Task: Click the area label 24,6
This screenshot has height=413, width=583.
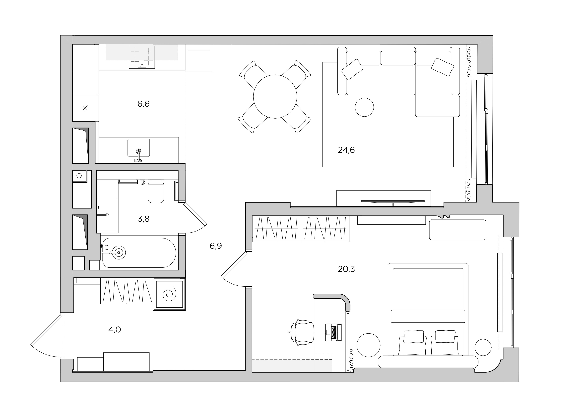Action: coord(346,150)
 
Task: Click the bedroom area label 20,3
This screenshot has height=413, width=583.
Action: coord(346,269)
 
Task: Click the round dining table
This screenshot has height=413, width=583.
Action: coord(275,96)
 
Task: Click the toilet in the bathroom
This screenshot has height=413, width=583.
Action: coord(156,191)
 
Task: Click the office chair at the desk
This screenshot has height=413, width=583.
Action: coord(302,332)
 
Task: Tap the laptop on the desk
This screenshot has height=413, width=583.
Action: coord(333,332)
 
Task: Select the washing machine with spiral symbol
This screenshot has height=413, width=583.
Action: coord(169,294)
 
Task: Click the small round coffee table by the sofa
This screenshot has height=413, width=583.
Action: coord(364,107)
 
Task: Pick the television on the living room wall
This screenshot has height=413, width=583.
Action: coord(392,201)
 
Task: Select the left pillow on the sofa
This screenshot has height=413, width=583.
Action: coord(352,69)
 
